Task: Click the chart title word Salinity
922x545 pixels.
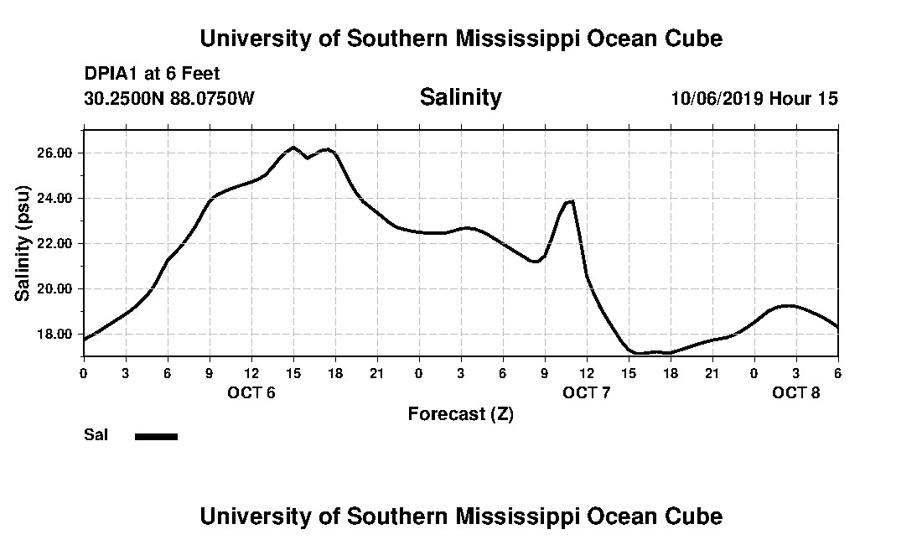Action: [460, 97]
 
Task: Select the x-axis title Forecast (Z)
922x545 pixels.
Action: [460, 413]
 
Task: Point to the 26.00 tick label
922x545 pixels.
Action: [55, 153]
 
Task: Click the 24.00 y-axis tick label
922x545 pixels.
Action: [55, 199]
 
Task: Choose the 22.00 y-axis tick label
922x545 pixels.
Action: [55, 244]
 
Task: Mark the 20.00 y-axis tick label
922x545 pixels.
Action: [55, 289]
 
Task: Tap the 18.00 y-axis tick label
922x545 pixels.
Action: [55, 335]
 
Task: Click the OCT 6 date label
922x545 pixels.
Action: [251, 392]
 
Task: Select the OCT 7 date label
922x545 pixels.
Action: [587, 392]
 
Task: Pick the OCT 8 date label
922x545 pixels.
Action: [796, 392]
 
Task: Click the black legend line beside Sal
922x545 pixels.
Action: [156, 436]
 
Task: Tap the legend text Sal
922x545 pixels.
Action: [96, 435]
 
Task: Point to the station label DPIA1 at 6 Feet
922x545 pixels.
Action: [152, 74]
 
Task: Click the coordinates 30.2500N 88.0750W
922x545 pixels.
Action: [168, 98]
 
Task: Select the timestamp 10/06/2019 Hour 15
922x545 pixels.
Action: [754, 98]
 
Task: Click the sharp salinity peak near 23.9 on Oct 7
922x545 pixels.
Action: [571, 201]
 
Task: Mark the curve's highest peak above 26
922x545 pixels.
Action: [293, 148]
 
